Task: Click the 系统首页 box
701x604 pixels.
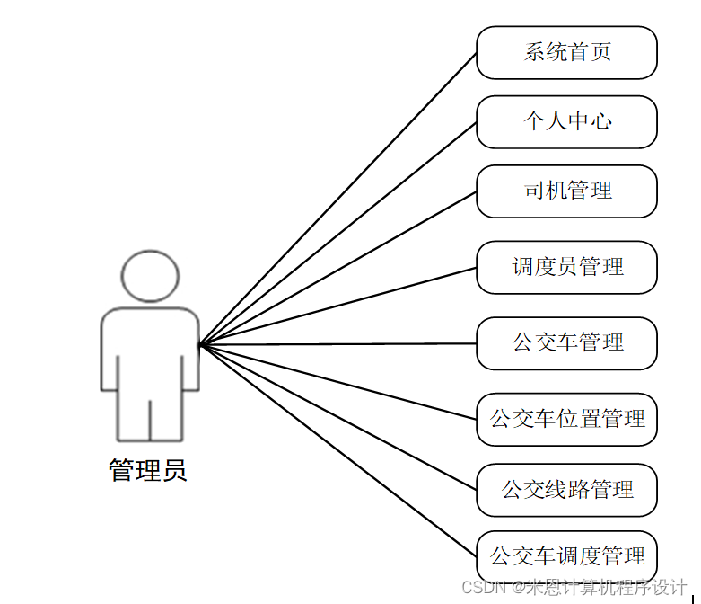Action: pyautogui.click(x=566, y=52)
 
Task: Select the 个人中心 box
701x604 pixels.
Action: pyautogui.click(x=566, y=121)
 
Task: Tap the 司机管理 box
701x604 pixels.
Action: pyautogui.click(x=566, y=191)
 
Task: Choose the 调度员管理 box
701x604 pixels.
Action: pyautogui.click(x=566, y=267)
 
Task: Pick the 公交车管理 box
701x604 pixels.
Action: pyautogui.click(x=566, y=343)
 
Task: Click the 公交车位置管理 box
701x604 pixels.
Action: pyautogui.click(x=566, y=419)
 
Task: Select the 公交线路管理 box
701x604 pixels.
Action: pyautogui.click(x=566, y=490)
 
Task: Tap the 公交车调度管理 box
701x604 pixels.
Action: pyautogui.click(x=566, y=556)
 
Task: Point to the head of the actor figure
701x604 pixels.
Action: pyautogui.click(x=150, y=274)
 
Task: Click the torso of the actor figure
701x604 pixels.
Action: pyautogui.click(x=150, y=351)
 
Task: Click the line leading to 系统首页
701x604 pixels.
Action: pyautogui.click(x=338, y=199)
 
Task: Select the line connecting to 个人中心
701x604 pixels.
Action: pyautogui.click(x=338, y=233)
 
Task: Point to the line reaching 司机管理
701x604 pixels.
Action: pyautogui.click(x=338, y=268)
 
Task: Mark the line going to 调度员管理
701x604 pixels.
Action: pyautogui.click(x=338, y=306)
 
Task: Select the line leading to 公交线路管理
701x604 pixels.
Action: pyautogui.click(x=338, y=417)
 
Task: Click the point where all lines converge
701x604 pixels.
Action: pyautogui.click(x=201, y=344)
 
